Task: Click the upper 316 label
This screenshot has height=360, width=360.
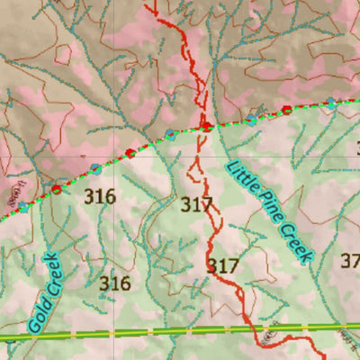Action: (99, 195)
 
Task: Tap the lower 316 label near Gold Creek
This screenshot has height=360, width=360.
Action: (115, 283)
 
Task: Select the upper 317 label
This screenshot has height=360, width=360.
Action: (196, 204)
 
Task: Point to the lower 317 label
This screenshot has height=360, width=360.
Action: (222, 265)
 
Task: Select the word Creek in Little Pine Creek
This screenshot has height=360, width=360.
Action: (298, 244)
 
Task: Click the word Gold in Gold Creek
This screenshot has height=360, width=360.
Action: (39, 316)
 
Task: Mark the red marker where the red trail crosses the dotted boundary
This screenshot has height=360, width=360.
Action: (206, 126)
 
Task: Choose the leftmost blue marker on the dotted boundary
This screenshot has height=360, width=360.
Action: (23, 206)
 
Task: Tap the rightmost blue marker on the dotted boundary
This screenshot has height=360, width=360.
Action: (332, 104)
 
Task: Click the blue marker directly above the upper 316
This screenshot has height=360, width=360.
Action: (95, 168)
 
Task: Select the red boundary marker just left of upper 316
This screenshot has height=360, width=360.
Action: (57, 189)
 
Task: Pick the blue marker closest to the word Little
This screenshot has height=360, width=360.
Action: (251, 118)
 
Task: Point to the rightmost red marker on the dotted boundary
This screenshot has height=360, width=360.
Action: (287, 110)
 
